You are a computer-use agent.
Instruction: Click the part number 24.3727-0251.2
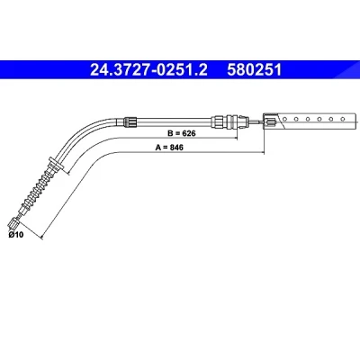tap(148, 70)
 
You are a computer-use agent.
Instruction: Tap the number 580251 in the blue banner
tap(255, 70)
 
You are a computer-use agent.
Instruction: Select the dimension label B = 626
tap(182, 133)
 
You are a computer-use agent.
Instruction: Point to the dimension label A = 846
tap(169, 148)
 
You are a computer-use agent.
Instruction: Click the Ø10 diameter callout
tap(16, 235)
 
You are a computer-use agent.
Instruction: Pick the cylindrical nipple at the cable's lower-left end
tap(13, 223)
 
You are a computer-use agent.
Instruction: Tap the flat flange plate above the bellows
tap(56, 164)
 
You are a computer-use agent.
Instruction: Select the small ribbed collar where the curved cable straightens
tap(130, 121)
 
